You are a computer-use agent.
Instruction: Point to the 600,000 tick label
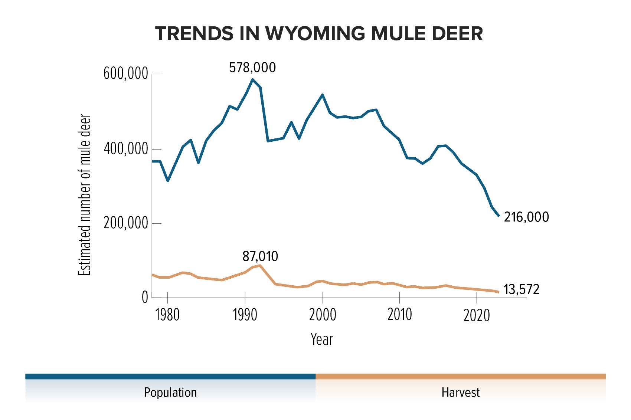coord(126,74)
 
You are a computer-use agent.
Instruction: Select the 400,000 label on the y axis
coord(126,149)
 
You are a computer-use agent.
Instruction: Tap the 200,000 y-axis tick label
coord(126,223)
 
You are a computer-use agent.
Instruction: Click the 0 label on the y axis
coord(145,298)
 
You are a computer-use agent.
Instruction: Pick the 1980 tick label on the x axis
coord(167,315)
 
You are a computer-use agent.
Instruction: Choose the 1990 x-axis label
coord(245,315)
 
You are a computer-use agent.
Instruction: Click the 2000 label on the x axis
coord(322,315)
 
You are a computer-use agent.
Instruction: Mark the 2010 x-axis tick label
coord(399,315)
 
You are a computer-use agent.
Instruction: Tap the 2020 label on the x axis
coord(477,315)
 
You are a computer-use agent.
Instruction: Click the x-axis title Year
coord(321,339)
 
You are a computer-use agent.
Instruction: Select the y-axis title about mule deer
coord(85,195)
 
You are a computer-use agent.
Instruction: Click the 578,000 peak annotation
coord(252,68)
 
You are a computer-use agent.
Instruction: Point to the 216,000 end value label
coord(526,217)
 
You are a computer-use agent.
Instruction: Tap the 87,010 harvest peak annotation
coord(260,256)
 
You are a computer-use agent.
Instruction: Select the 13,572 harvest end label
coord(521,289)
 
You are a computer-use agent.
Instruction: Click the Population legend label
coord(170,393)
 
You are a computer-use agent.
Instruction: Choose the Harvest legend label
coord(460,393)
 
